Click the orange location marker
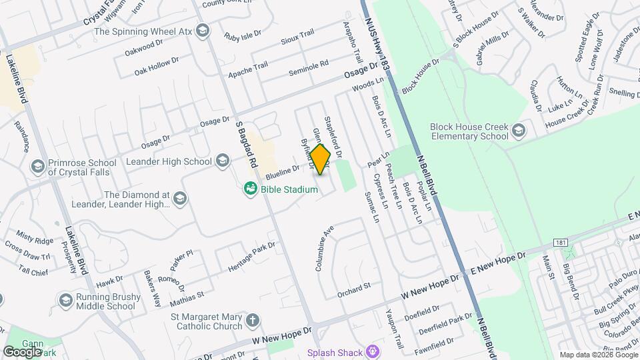tap(320, 159)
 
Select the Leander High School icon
tap(223, 161)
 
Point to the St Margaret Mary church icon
tap(252, 321)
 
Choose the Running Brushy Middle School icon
tap(65, 301)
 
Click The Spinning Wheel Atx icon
tap(203, 31)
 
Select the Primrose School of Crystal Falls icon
tap(38, 165)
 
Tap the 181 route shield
tap(563, 243)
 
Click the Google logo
tap(22, 351)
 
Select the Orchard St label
tap(353, 287)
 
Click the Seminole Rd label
tap(308, 69)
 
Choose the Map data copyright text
tap(597, 355)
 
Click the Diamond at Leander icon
tap(180, 198)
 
